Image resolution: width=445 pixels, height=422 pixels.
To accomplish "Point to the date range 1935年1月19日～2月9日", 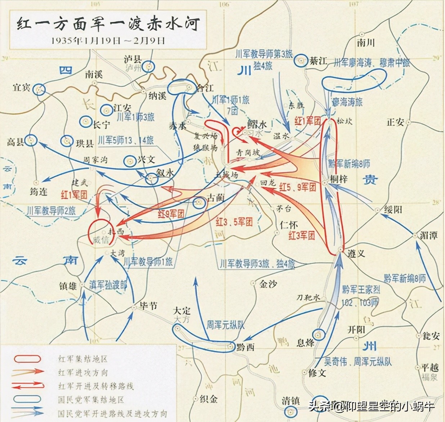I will point(108,40).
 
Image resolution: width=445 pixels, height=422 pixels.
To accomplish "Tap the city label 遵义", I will point(356,253).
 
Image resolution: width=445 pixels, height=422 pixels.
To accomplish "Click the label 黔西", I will point(246,347).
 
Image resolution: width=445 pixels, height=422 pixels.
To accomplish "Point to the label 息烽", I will point(305,342).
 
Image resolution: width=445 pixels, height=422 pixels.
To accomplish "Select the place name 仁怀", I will point(289,225).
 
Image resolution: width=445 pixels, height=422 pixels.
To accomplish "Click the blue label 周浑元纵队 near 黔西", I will point(225,325).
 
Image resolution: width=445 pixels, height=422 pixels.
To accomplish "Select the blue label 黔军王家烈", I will point(361,289).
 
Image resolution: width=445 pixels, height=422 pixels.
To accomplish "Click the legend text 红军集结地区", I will point(83,359).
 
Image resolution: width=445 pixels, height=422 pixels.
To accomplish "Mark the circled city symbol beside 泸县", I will point(148,66).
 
